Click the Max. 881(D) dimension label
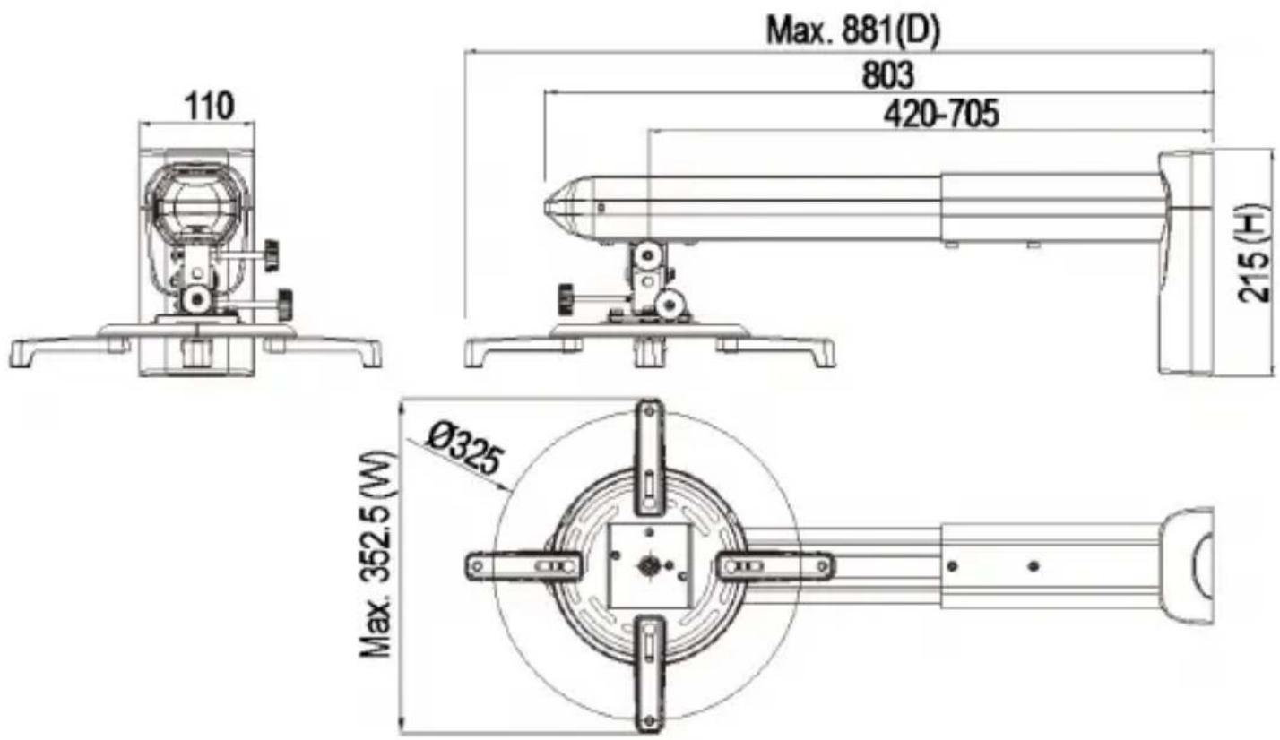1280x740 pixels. click(x=852, y=30)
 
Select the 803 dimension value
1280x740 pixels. click(x=887, y=74)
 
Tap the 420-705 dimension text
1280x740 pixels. click(x=941, y=113)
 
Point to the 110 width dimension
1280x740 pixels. click(x=209, y=106)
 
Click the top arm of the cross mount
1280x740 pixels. click(x=650, y=457)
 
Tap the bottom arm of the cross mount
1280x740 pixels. click(x=650, y=675)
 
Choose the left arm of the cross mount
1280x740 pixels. click(x=523, y=566)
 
